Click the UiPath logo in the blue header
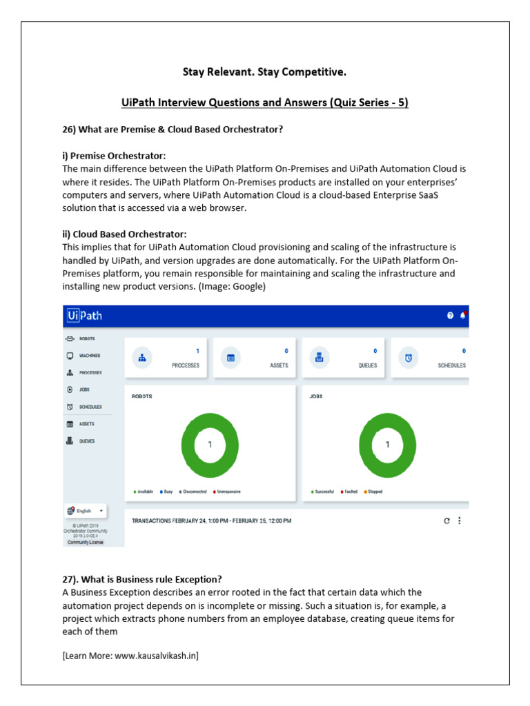(x=85, y=316)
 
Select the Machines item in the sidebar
(x=88, y=356)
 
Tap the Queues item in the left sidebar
(x=86, y=441)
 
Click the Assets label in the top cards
(x=279, y=365)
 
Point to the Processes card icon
(x=142, y=358)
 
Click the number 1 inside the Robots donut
(x=210, y=445)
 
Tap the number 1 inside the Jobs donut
(x=387, y=445)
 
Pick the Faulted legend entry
(x=349, y=492)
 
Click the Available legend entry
(x=144, y=492)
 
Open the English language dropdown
(x=86, y=511)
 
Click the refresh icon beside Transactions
(x=446, y=521)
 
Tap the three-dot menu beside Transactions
(x=460, y=521)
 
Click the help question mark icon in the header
(x=450, y=316)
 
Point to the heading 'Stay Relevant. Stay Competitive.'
(x=264, y=72)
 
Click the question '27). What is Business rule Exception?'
(x=142, y=579)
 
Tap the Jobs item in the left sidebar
(x=84, y=390)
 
